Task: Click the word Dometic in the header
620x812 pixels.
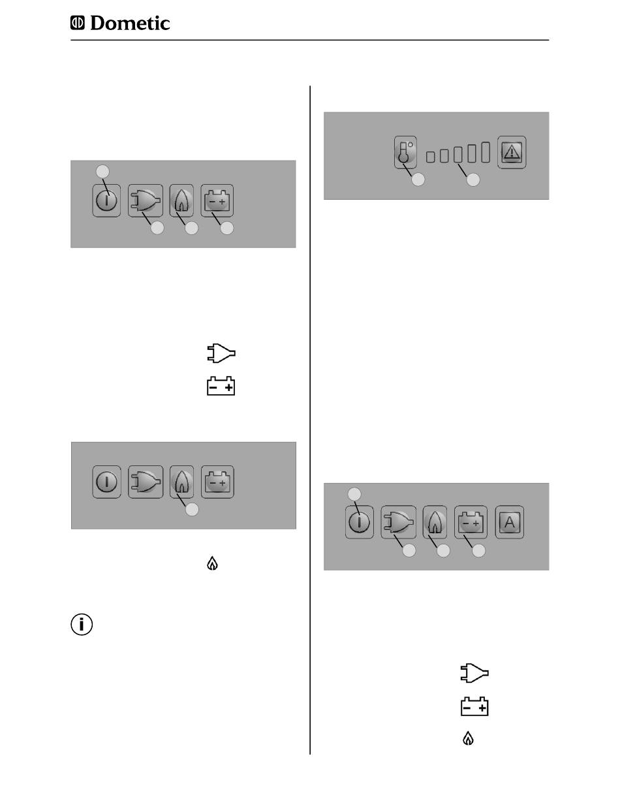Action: pos(130,23)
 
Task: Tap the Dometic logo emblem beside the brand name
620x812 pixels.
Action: pos(77,23)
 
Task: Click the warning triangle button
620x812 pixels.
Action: pos(512,152)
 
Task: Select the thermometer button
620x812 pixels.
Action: pos(405,152)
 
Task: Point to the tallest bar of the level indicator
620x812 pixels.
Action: pos(486,152)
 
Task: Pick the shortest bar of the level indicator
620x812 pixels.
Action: pos(430,157)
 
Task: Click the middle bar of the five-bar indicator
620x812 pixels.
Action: pos(458,155)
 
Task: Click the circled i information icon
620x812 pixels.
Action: pos(82,625)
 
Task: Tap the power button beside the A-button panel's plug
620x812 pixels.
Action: pos(360,522)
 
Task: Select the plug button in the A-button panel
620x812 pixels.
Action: pos(399,522)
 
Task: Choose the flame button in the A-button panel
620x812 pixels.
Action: pos(435,522)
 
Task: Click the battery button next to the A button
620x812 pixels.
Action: pos(471,522)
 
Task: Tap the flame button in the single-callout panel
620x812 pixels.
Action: pos(181,482)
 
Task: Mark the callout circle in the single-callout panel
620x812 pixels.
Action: pos(191,509)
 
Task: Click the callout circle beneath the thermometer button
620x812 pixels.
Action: pos(418,180)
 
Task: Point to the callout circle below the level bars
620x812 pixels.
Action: pos(473,180)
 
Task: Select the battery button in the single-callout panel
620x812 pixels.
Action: pos(217,482)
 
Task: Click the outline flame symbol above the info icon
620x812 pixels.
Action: pos(212,564)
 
